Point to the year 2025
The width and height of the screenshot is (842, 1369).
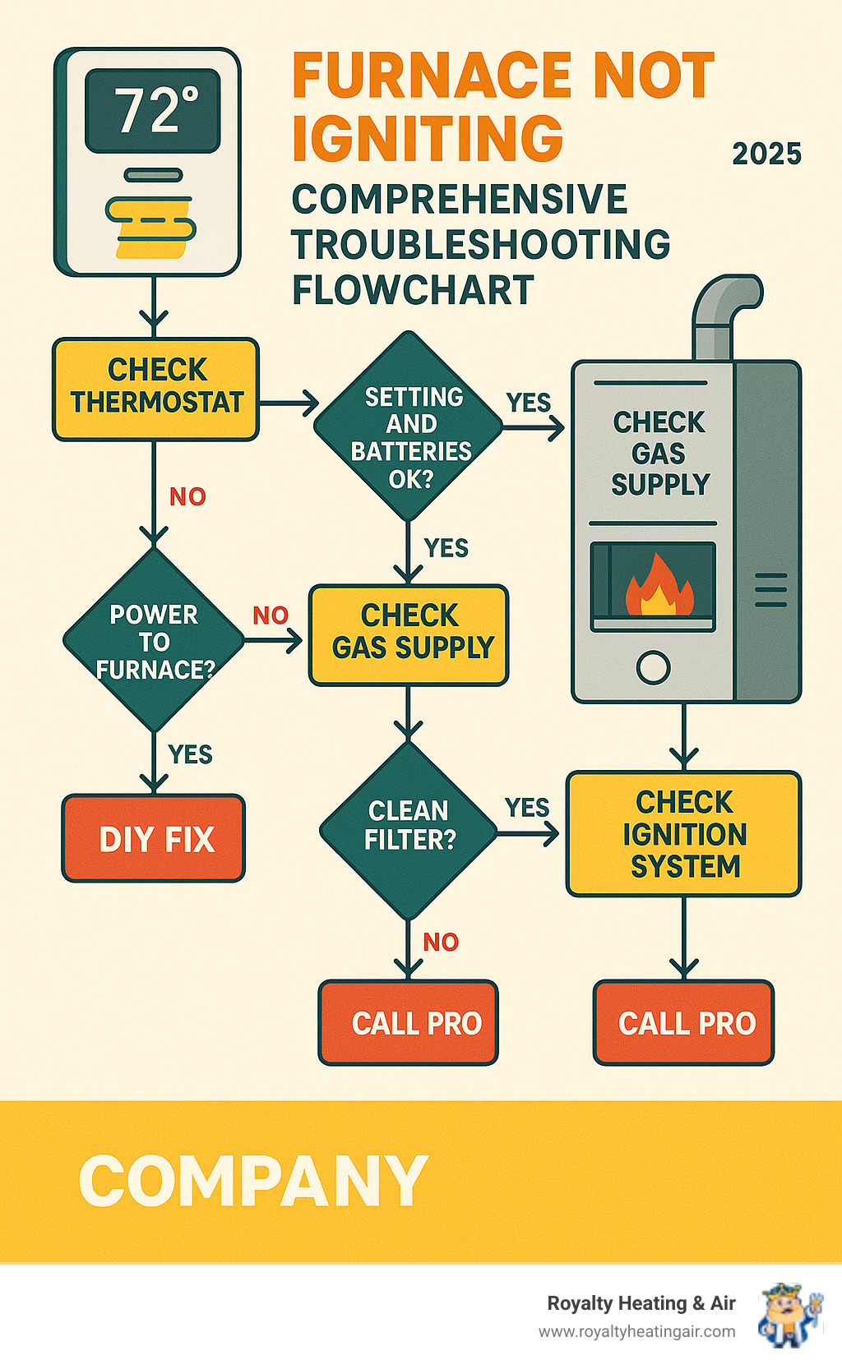click(766, 154)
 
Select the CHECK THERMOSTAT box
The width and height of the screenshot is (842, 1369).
click(156, 388)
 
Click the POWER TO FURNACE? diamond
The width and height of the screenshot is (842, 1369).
click(154, 641)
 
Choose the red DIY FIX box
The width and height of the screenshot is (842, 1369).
click(155, 839)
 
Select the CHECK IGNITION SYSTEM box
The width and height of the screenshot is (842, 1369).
click(683, 833)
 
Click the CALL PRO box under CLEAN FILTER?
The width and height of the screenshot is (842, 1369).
click(409, 1023)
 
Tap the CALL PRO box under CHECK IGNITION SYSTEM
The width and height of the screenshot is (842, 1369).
click(684, 1023)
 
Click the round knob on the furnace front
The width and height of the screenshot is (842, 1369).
click(654, 667)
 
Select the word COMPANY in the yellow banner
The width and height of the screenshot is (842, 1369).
click(253, 1181)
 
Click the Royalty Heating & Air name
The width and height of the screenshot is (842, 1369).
click(641, 1303)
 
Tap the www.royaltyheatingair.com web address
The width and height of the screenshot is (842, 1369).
click(636, 1331)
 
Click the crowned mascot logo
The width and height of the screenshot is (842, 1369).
click(790, 1315)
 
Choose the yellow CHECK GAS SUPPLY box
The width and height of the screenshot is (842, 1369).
click(409, 634)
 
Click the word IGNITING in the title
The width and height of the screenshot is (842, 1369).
click(428, 138)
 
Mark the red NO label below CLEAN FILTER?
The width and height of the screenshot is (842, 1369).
click(441, 942)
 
